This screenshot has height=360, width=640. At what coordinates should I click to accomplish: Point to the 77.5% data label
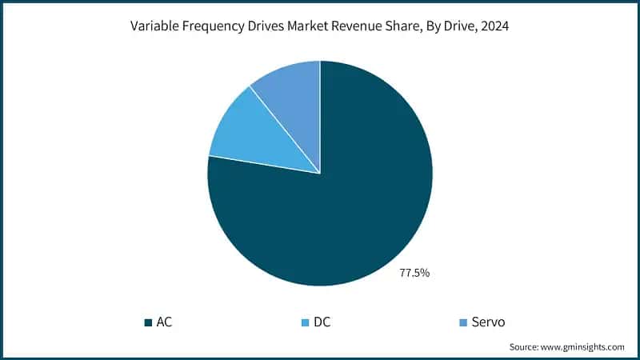tap(414, 274)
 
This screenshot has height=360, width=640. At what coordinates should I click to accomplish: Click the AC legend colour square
tap(148, 322)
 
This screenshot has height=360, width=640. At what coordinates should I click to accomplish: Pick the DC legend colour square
tap(303, 322)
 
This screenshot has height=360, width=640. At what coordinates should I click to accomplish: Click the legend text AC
tap(164, 322)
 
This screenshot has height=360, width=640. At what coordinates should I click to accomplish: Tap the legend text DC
tap(322, 322)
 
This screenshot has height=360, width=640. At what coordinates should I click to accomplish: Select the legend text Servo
tap(488, 322)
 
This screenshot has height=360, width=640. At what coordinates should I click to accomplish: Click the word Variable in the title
tap(154, 26)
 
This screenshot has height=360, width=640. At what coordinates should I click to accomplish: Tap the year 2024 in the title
tap(495, 26)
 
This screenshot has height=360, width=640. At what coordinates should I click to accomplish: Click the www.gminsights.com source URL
tap(585, 347)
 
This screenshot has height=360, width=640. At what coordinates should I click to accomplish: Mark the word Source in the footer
tap(525, 347)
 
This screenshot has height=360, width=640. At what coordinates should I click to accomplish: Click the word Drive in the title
tap(455, 26)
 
